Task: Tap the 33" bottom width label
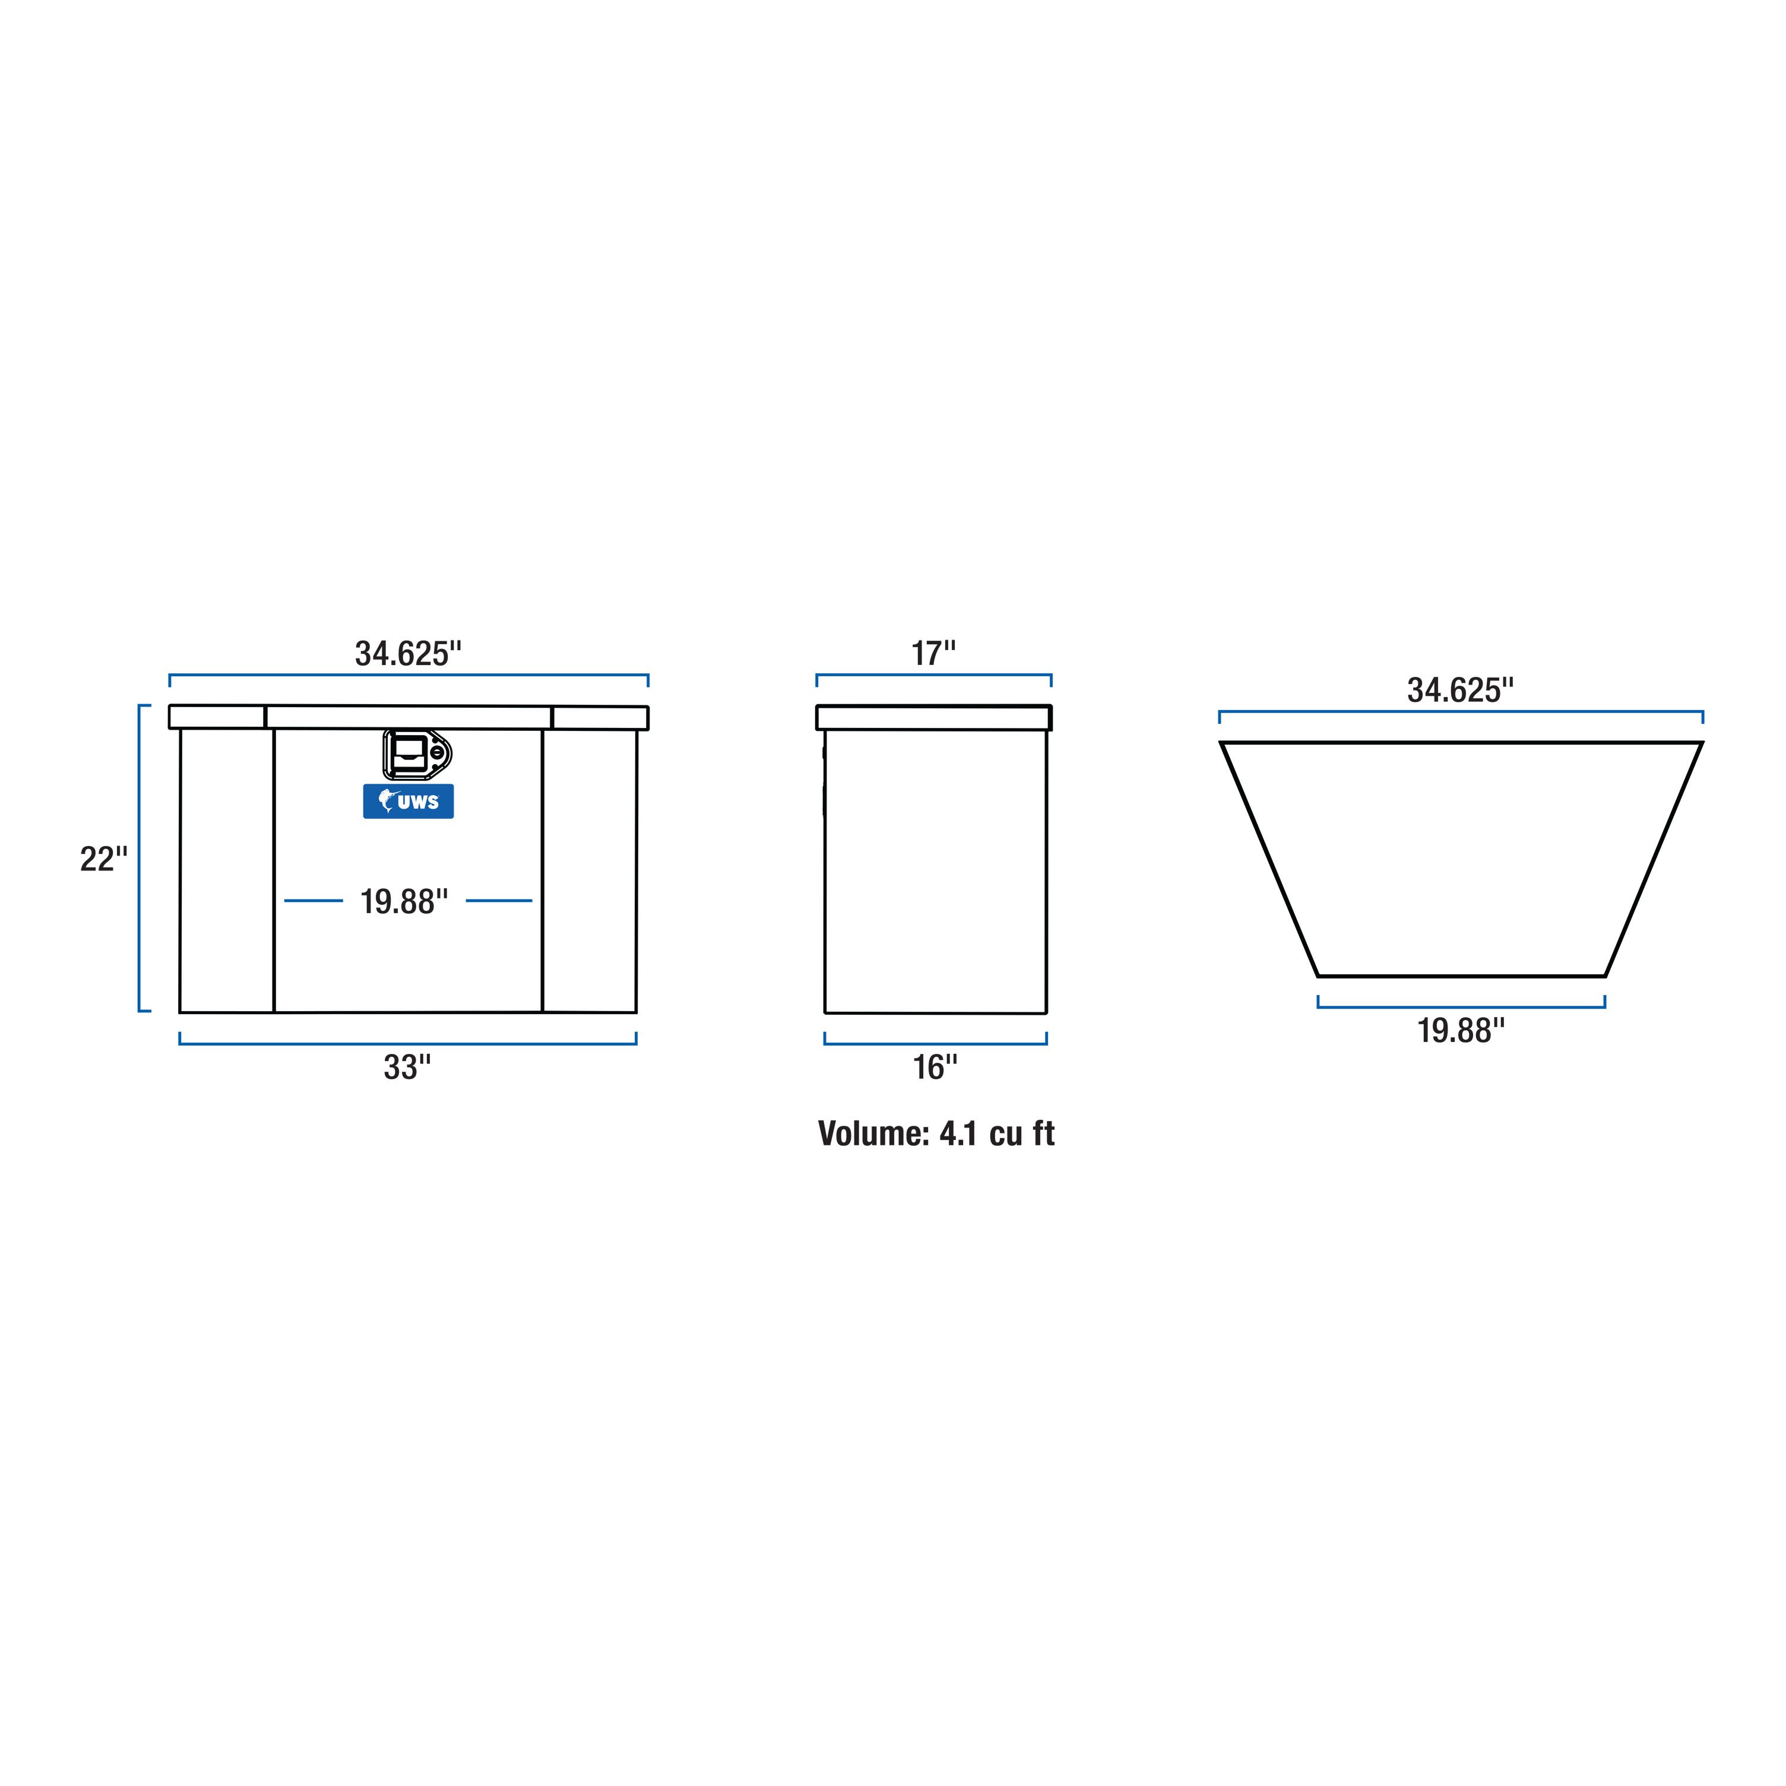408,1068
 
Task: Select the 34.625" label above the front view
408,654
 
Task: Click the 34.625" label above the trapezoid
1461,691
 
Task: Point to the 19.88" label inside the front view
404,901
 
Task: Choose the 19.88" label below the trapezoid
1461,1031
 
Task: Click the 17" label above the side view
934,654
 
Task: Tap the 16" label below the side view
935,1068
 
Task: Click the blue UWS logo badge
408,802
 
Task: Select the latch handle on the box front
408,753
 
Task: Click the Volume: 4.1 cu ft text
936,1133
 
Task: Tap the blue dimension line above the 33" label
408,1044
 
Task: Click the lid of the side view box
934,717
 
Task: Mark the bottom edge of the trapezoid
1461,976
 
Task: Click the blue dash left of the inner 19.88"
313,900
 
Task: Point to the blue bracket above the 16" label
935,1044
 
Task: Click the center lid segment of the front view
408,717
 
